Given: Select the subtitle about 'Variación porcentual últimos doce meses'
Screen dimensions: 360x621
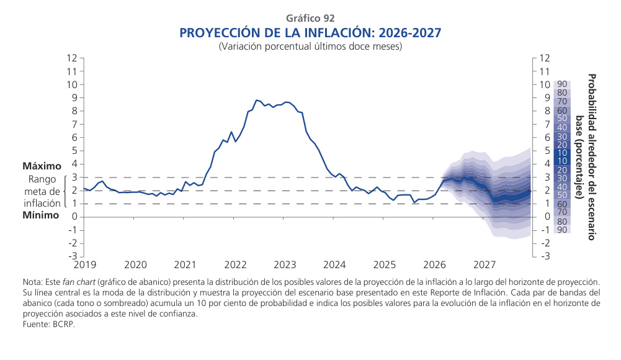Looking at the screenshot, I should coord(311,47).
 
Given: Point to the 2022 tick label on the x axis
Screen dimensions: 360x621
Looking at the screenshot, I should coord(235,265).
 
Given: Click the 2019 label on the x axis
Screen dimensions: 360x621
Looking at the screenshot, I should coord(85,265).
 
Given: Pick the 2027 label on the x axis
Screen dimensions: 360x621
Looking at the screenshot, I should coord(485,265).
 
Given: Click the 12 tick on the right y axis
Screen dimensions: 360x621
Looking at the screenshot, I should coord(545,58).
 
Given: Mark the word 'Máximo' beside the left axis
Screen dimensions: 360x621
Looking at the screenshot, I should coord(42,166).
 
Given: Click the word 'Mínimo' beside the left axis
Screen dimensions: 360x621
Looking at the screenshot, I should coord(41,215).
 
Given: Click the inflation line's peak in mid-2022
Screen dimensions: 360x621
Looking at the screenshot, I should coord(256,100).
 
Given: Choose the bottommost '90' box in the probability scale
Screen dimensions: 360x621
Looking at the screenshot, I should coord(561,230).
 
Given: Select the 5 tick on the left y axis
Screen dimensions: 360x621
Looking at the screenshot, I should coord(74,151).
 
